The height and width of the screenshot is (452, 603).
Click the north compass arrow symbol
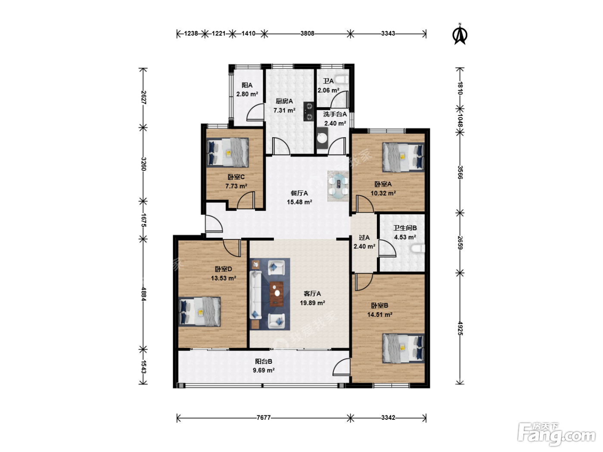point(460,34)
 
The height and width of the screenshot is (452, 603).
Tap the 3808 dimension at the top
point(307,34)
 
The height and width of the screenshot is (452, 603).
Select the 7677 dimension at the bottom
point(264,418)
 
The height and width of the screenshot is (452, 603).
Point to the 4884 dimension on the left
point(143,294)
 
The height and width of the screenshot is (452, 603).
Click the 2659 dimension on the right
point(460,243)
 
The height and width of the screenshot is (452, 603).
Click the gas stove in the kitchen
point(308,111)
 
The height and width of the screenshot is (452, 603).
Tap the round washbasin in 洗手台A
point(322,138)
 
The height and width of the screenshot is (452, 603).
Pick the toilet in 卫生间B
point(418,249)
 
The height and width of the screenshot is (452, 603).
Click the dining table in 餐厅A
point(338,186)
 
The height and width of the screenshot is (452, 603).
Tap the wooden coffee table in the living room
point(277,294)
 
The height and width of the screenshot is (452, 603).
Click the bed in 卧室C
point(227,152)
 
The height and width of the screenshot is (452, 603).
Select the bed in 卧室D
point(199,312)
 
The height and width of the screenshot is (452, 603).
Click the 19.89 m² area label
point(312,303)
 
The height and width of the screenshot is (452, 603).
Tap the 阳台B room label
point(264,362)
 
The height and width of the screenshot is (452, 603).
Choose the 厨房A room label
point(284,101)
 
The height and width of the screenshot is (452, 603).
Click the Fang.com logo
point(556,434)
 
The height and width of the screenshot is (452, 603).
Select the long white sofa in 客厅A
point(255,295)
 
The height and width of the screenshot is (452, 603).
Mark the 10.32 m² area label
point(383,193)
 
